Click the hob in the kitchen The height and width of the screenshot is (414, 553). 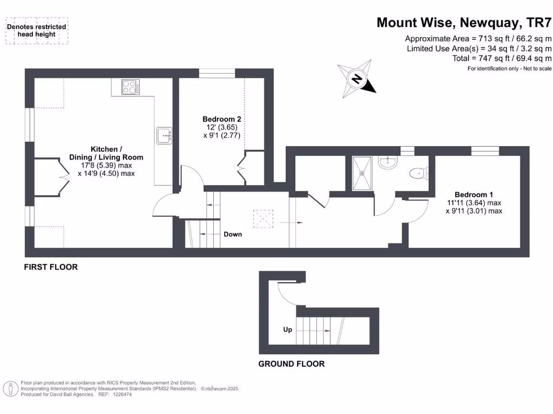[130, 87]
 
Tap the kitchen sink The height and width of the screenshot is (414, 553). [164, 135]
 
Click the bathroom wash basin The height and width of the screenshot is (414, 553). [388, 162]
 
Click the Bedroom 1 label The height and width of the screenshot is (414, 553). [473, 195]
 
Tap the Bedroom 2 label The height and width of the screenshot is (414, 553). [221, 119]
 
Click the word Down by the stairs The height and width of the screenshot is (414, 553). [233, 234]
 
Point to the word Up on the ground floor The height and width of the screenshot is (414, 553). [288, 329]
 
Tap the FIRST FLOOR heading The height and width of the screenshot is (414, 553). [51, 267]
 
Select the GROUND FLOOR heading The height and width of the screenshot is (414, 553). [291, 364]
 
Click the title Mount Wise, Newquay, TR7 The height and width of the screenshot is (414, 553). [464, 23]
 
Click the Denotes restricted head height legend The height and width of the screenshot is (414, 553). [37, 30]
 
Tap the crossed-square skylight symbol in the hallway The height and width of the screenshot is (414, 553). [264, 219]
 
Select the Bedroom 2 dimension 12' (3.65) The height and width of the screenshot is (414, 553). [221, 127]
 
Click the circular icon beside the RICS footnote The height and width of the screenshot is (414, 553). [10, 388]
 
